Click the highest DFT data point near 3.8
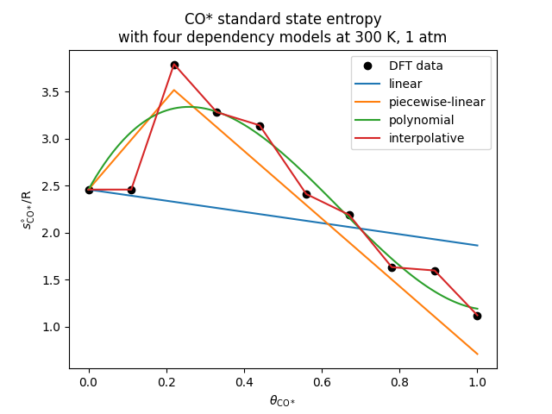point(174,65)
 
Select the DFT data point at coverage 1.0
point(477,316)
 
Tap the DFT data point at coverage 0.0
point(89,190)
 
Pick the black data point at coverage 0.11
point(131,190)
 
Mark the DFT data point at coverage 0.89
point(435,271)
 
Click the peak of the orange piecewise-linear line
point(174,90)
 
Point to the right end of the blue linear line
point(477,245)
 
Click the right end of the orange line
point(477,354)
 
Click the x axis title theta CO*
point(283,401)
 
